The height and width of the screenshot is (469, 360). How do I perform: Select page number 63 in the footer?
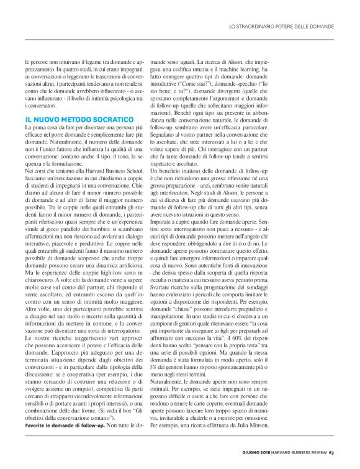332,452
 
